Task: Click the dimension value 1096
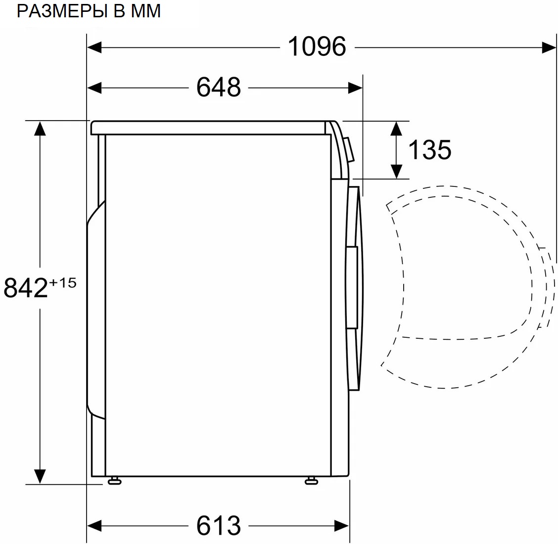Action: tap(317, 47)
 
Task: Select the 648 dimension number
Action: tap(218, 88)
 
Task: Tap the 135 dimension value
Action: tap(429, 149)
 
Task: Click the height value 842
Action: tap(26, 288)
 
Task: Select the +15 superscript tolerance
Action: tap(63, 282)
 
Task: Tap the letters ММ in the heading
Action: tap(145, 10)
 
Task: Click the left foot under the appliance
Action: tap(114, 480)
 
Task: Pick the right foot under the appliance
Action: tap(311, 480)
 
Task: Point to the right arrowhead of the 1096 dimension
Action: tap(549, 47)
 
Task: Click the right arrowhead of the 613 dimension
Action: tap(342, 525)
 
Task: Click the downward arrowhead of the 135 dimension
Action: tap(396, 171)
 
